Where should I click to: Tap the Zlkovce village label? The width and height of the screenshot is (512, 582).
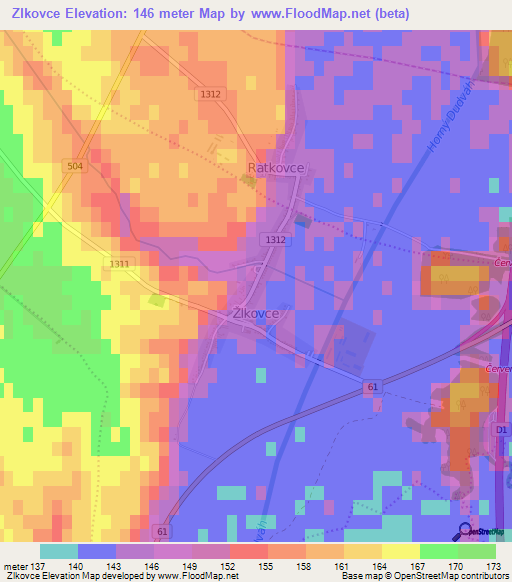pos(262,312)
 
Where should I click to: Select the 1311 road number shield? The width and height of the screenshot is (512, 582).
pos(118,263)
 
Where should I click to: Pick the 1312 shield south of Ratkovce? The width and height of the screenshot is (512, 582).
pos(276,240)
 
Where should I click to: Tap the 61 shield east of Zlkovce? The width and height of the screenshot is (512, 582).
pos(372,385)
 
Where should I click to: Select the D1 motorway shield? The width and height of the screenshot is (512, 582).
pos(501,430)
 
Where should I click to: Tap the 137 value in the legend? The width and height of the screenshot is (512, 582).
pos(40,565)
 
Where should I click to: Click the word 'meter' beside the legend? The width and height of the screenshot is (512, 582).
pos(16,565)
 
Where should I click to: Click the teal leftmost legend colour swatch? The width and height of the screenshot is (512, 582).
pos(59,551)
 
